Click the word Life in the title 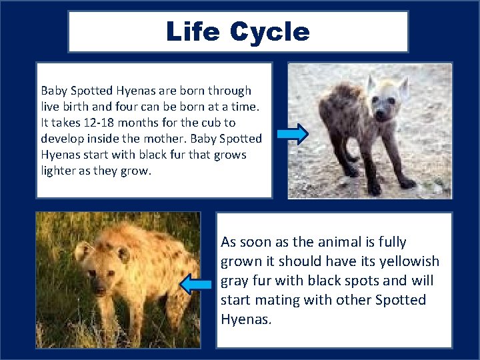pos(193,32)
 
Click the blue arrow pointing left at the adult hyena pos(197,285)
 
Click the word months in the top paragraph pos(147,123)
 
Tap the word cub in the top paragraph pos(210,123)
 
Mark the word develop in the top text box pos(61,139)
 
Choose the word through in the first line pos(229,91)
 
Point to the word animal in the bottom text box pos(335,241)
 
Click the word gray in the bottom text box pos(235,281)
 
